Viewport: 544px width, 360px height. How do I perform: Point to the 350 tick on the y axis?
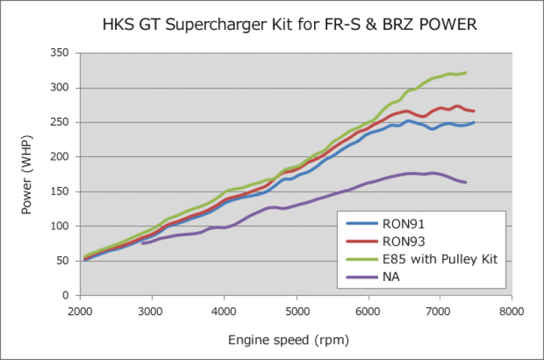click(x=63, y=53)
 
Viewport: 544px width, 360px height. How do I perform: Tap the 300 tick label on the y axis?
click(x=63, y=88)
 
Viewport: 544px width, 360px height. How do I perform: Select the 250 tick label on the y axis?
click(x=63, y=122)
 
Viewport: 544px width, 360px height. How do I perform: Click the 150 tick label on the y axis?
click(x=63, y=192)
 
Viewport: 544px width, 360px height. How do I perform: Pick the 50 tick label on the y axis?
click(x=65, y=261)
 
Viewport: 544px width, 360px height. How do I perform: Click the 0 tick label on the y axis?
click(x=68, y=296)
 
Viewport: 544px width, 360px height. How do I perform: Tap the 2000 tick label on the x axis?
click(x=80, y=312)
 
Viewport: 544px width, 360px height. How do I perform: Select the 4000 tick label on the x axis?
click(x=224, y=312)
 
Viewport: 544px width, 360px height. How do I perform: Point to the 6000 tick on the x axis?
click(x=368, y=312)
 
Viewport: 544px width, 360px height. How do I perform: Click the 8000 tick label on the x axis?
click(x=511, y=312)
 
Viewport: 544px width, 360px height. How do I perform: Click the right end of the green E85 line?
click(x=466, y=73)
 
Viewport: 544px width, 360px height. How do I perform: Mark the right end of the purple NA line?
click(x=466, y=182)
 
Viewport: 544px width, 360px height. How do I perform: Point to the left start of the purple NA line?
click(x=143, y=243)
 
